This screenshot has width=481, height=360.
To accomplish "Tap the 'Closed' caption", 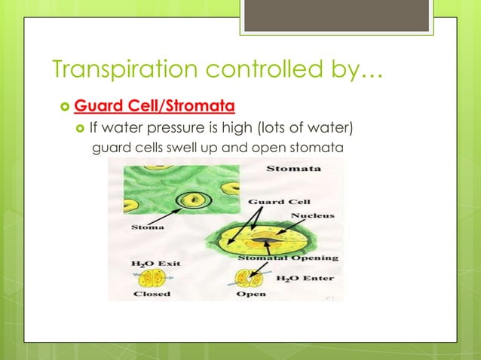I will pos(152,294).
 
